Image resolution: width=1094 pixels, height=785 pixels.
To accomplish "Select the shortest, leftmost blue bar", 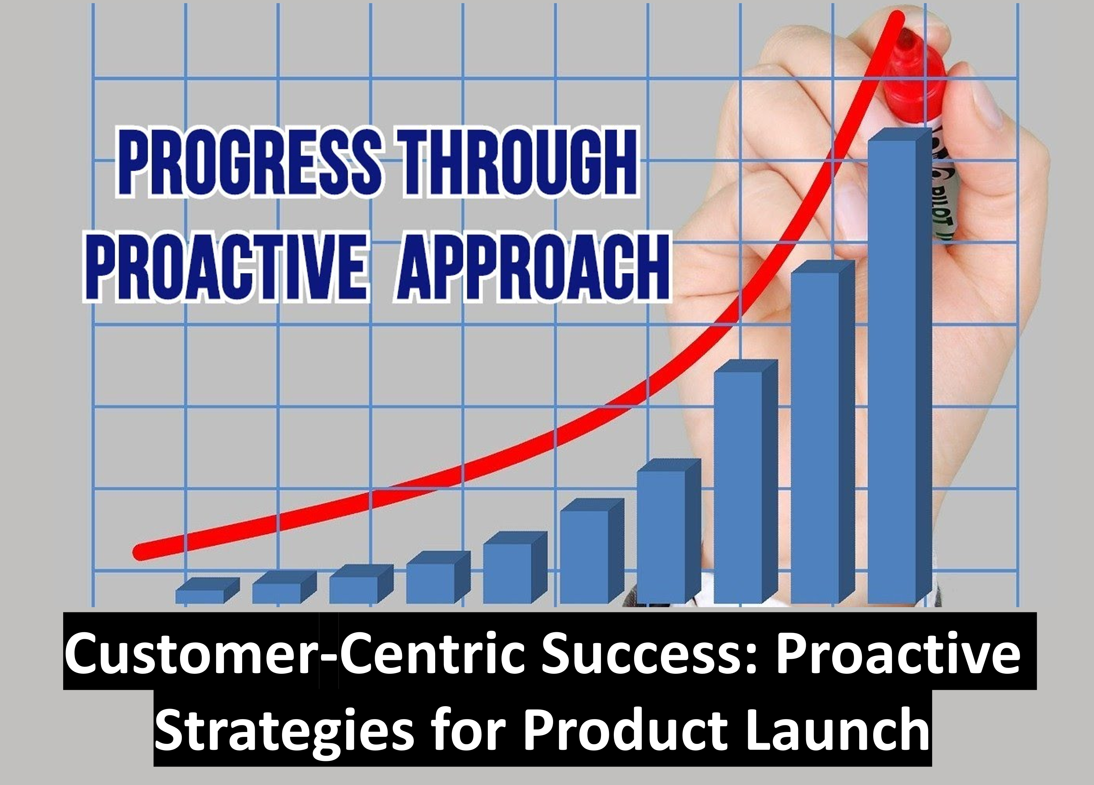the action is click(x=207, y=591).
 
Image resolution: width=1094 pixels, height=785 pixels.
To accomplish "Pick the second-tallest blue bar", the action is click(x=823, y=431).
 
